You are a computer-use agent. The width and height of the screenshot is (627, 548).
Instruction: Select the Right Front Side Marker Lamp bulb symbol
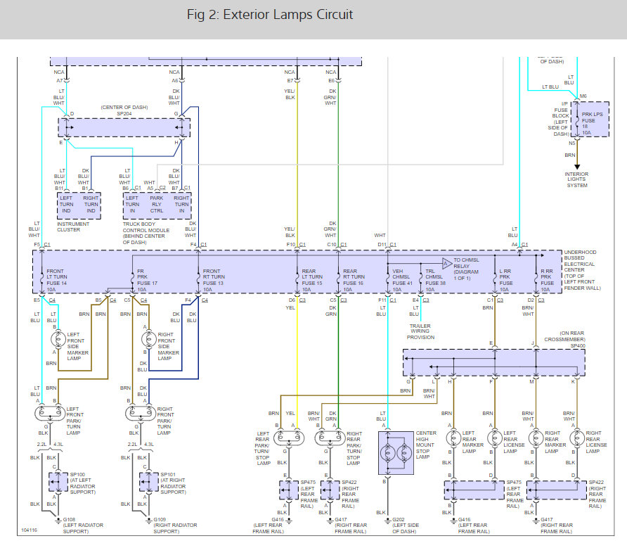click(148, 340)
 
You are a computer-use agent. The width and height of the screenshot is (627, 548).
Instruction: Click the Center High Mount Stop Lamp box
click(396, 452)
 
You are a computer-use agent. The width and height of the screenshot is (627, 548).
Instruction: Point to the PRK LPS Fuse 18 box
click(590, 118)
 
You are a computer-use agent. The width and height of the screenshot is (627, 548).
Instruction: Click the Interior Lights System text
click(577, 179)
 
